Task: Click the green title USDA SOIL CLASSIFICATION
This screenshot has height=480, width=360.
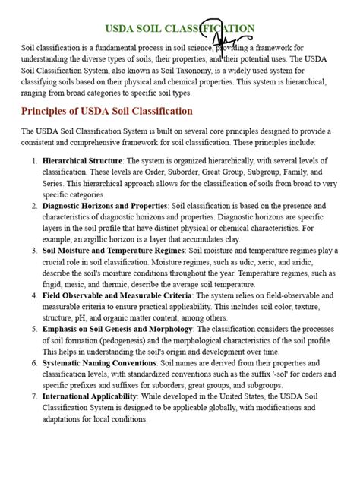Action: point(179,29)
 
